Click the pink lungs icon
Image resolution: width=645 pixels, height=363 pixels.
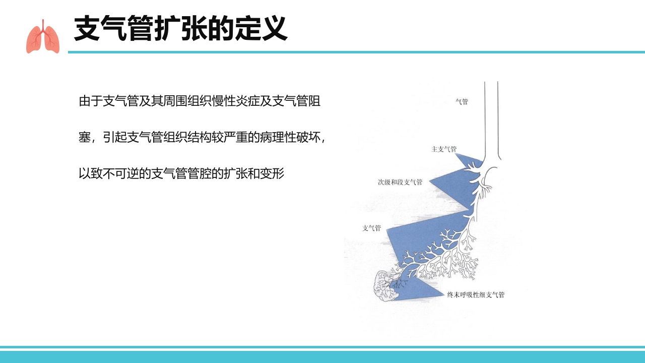point(43,37)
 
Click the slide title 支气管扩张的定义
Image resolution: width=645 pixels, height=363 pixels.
point(181,29)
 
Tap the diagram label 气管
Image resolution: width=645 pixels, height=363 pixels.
point(462,101)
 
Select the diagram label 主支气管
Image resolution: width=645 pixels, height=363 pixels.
point(444,149)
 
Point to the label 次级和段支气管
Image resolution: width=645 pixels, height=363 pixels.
point(400,182)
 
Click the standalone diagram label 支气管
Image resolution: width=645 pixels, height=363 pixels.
point(371,228)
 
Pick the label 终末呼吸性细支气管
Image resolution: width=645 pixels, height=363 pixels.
point(476,295)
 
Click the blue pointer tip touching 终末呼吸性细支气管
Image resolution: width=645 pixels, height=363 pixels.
point(444,294)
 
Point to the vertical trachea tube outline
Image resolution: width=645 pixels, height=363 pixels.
point(491,121)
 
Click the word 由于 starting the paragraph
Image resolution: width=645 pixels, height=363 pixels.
point(91,101)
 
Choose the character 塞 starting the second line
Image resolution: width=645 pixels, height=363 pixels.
point(85,138)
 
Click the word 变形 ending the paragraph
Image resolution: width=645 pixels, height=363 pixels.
point(272,173)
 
